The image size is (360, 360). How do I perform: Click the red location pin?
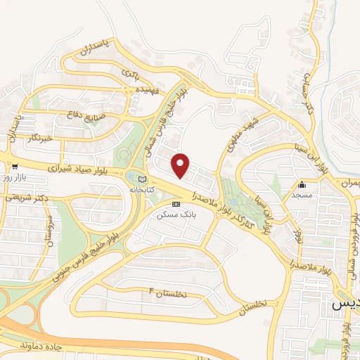point(181,165)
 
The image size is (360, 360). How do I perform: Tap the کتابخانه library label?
point(143,190)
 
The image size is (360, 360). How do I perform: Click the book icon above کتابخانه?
point(143,179)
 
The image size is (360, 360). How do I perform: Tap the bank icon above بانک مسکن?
point(176,203)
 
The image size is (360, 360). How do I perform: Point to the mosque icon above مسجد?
point(302,185)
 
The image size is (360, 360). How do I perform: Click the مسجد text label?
point(302,196)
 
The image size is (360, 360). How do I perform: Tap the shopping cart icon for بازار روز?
point(14,167)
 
